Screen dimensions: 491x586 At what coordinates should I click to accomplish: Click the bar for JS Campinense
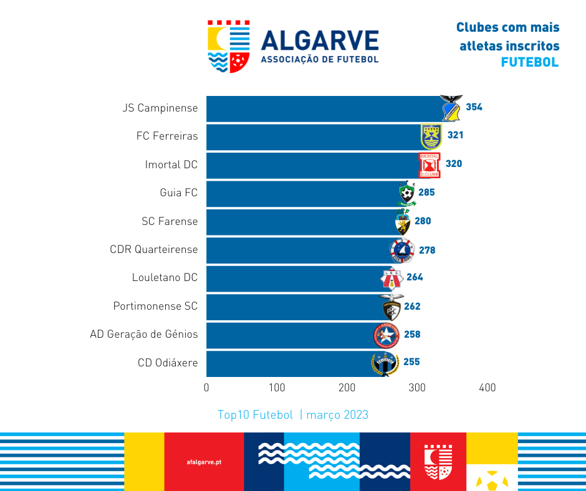[324, 108]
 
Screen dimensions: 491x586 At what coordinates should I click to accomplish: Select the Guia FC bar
[302, 193]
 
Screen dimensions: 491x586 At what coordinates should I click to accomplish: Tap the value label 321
[455, 135]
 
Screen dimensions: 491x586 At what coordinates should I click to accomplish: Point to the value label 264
[415, 277]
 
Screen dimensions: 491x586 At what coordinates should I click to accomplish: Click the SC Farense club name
[170, 221]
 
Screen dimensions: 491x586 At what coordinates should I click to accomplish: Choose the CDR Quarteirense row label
[153, 249]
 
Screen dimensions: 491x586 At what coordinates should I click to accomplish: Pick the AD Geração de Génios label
[144, 334]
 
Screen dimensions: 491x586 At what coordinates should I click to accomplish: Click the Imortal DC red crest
[430, 164]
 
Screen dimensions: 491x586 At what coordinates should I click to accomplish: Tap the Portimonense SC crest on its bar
[391, 307]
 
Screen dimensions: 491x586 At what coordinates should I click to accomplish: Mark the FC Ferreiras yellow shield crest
[431, 135]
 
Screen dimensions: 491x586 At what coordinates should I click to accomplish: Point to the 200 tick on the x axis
[347, 388]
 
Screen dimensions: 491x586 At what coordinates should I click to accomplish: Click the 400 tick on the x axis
[487, 388]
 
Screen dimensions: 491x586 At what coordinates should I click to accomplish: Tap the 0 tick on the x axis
[206, 388]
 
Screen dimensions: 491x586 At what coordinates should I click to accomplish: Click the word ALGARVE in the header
[320, 41]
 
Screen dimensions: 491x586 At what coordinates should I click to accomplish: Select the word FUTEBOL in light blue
[529, 62]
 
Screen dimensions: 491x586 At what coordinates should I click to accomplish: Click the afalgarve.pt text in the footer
[204, 462]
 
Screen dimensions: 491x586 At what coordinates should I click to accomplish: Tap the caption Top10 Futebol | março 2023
[293, 415]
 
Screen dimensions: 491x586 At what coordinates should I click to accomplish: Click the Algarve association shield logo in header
[229, 46]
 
